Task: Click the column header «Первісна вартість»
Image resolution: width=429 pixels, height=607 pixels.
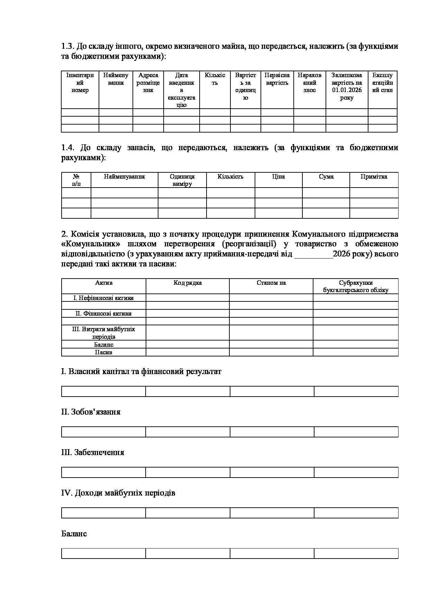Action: coord(277,79)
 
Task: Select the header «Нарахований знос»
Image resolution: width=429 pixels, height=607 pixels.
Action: coord(309,83)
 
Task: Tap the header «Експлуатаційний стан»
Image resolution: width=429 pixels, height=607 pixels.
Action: coord(382,83)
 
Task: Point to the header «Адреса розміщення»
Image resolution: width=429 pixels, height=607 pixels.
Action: coord(148,83)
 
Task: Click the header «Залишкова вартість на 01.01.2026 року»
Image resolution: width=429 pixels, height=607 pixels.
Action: coord(347,87)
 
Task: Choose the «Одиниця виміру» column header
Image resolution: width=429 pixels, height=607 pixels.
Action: coord(182,180)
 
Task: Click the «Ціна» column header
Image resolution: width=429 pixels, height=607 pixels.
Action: coord(279,177)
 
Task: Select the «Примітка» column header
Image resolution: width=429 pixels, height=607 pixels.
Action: coord(374,177)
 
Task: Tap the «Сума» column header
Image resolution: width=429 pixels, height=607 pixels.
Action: coord(326,177)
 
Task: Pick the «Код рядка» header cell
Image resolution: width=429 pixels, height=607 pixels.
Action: coord(188,283)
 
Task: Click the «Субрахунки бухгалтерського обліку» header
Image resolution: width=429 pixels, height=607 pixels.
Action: coord(356,287)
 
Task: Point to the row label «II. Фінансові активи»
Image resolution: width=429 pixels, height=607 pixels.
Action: coord(103,314)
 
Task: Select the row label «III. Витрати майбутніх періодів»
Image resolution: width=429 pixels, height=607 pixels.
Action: coord(103,333)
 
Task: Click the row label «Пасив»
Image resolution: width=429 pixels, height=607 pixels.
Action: coord(103,352)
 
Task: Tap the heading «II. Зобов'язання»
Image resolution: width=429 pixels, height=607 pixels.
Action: coord(91,412)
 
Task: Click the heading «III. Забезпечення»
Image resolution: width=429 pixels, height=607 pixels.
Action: coord(92,452)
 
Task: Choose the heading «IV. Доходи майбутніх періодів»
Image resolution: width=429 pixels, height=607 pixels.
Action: coord(118,493)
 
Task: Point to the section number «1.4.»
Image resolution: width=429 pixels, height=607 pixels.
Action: coord(68,148)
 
